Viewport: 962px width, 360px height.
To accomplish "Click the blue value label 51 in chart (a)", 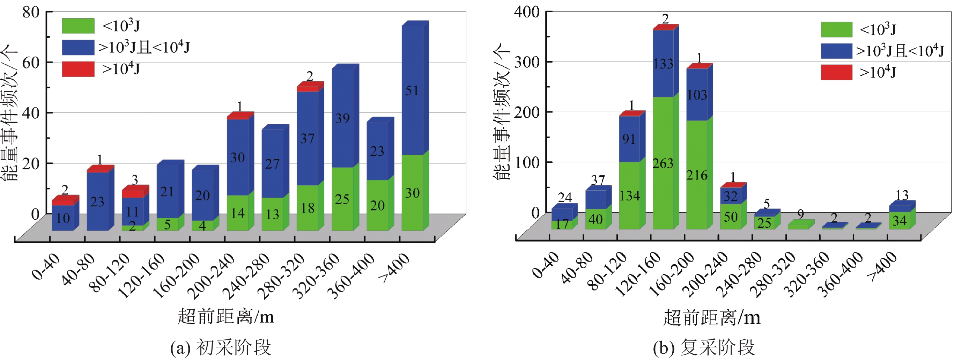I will [x=412, y=91].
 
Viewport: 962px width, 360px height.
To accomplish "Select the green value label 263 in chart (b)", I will [x=663, y=163].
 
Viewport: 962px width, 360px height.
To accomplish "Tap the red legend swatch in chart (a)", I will [x=78, y=69].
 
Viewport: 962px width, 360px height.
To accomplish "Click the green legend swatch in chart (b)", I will [x=837, y=29].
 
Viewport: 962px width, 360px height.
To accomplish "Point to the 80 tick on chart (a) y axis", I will [x=31, y=12].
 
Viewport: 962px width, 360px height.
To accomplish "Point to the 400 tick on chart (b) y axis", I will [x=527, y=12].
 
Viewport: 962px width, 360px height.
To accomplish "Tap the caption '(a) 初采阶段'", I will [x=220, y=348].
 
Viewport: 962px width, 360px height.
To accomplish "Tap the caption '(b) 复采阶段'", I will [x=704, y=348].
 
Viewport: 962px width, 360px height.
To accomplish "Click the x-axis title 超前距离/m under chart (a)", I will [x=226, y=317].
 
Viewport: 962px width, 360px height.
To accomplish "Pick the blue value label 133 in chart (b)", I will [x=663, y=64].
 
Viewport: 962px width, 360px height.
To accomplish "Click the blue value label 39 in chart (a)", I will [x=342, y=119].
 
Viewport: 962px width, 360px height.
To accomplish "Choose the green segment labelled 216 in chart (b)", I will [x=697, y=175].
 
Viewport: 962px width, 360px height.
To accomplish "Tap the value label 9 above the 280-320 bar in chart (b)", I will [x=800, y=214].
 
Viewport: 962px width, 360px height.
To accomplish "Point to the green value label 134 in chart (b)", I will [x=630, y=196].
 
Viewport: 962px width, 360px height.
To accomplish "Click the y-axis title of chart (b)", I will [x=502, y=112].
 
